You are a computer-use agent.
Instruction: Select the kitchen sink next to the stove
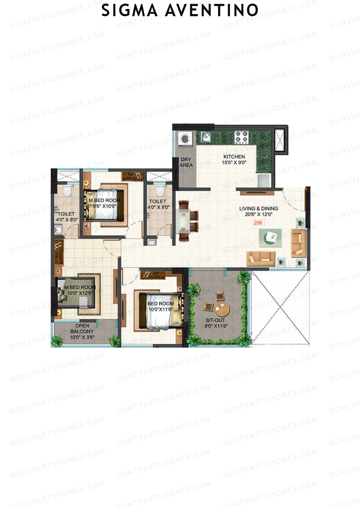pyautogui.click(x=206, y=137)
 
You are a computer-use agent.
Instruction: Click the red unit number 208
pyautogui.click(x=258, y=223)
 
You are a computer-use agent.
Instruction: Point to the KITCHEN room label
pyautogui.click(x=234, y=157)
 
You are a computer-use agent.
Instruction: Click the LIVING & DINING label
pyautogui.click(x=259, y=208)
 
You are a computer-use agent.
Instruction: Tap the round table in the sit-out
pyautogui.click(x=222, y=310)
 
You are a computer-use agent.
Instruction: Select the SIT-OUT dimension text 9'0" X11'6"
pyautogui.click(x=215, y=326)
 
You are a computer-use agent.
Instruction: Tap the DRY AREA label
pyautogui.click(x=186, y=162)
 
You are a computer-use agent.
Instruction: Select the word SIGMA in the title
pyautogui.click(x=129, y=10)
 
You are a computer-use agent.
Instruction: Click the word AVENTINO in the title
pyautogui.click(x=211, y=10)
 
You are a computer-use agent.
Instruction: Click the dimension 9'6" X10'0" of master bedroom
pyautogui.click(x=104, y=206)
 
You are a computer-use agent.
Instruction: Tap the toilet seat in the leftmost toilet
pyautogui.click(x=68, y=191)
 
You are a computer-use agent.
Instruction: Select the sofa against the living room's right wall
pyautogui.click(x=298, y=243)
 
